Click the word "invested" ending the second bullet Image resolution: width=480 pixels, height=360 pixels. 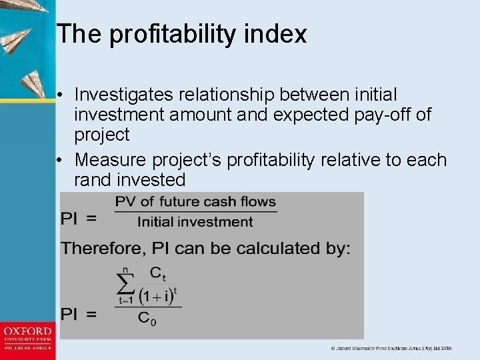(153, 180)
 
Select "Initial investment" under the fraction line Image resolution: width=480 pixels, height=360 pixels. (195, 222)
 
